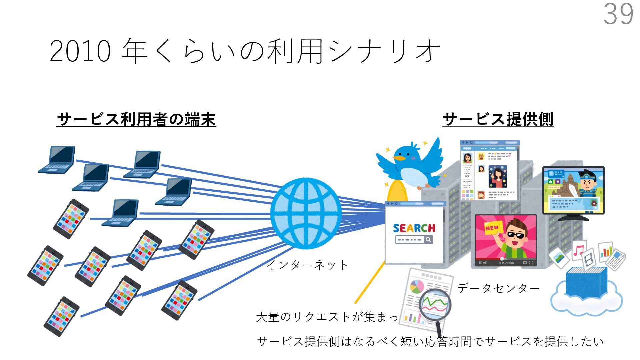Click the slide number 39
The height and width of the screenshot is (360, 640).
618,14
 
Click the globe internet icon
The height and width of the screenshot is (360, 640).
306,214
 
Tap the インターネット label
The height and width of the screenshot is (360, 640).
307,265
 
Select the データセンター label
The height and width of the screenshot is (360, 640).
498,288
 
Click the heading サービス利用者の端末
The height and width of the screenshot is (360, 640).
136,119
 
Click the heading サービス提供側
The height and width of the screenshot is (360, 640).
498,119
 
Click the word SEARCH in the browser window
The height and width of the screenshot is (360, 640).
414,228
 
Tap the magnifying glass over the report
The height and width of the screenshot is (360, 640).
435,305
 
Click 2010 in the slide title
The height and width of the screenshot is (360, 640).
80,52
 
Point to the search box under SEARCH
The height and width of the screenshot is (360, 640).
414,240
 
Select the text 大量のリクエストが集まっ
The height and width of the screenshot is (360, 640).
327,317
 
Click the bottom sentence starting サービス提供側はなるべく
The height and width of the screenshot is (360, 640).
430,341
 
